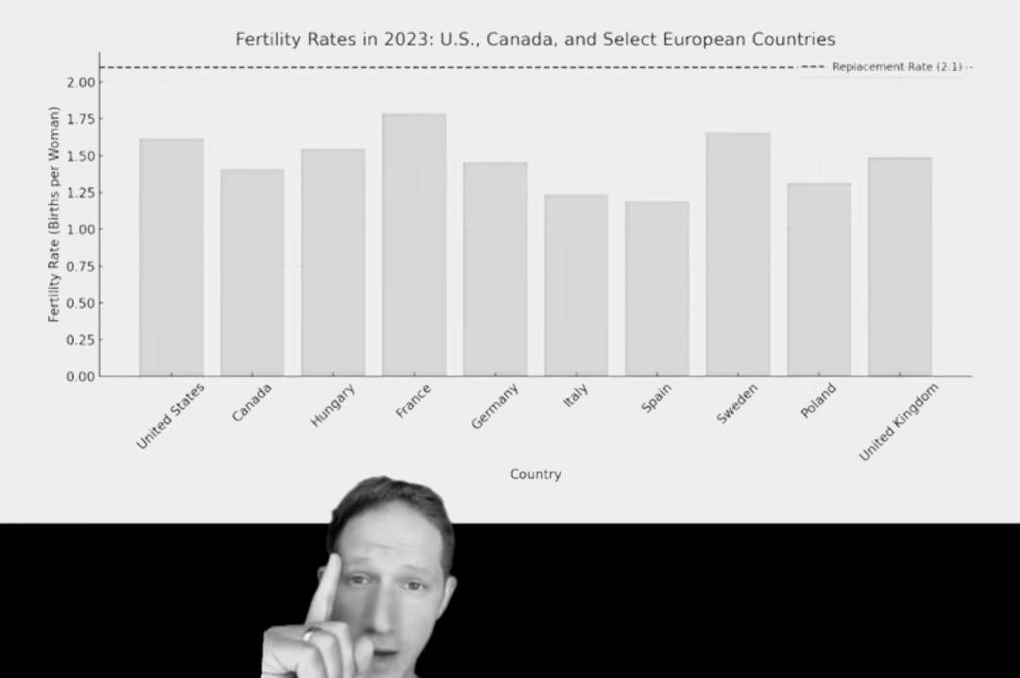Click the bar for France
point(414,246)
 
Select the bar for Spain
point(656,289)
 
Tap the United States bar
point(171,258)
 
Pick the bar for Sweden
point(738,255)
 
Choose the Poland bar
point(819,280)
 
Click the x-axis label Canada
point(252,402)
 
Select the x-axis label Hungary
point(333,405)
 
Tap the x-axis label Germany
point(495,407)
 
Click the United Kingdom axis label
point(898,422)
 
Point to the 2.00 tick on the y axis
point(81,82)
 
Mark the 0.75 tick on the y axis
point(81,266)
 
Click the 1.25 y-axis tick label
point(81,193)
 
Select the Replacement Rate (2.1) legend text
point(896,67)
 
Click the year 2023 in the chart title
point(405,40)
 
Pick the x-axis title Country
point(535,474)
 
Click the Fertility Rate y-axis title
point(54,214)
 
